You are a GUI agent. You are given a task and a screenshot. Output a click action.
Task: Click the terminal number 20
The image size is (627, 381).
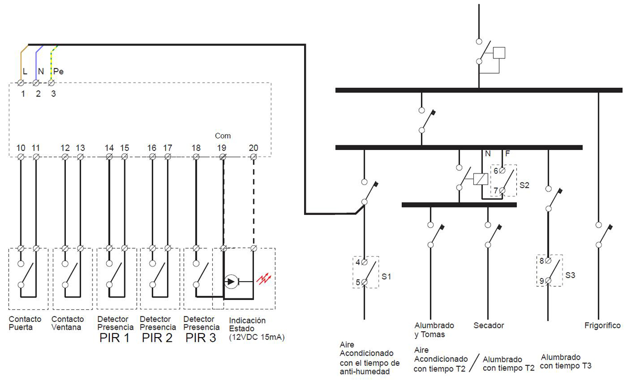coord(253,148)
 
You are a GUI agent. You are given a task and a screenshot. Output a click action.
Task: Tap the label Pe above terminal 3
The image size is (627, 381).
coord(59,71)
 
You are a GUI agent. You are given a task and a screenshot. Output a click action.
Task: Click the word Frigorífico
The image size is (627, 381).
coord(602,326)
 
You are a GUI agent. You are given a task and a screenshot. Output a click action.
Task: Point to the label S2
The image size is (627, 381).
coord(525,185)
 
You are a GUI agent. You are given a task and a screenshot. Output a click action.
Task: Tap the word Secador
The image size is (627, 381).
coord(489,326)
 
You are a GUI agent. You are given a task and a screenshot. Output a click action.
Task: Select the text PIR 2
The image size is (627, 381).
coord(157,338)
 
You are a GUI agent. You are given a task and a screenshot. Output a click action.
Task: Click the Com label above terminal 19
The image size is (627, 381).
coord(223,136)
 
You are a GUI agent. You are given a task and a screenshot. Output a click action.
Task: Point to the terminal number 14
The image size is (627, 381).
coord(109,148)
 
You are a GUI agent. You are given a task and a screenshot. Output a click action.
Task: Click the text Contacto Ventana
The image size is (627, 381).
coord(67,324)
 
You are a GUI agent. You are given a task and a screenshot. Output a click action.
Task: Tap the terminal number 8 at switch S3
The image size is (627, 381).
coord(541,260)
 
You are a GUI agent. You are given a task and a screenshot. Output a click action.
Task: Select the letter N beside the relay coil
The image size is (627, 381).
coord(487,154)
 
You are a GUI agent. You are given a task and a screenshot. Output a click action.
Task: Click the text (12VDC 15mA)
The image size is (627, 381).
coord(256,338)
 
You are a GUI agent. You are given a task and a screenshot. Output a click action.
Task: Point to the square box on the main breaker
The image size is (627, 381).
coord(500,52)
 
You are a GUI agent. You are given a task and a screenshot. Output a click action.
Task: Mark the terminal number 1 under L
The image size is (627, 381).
coord(22,94)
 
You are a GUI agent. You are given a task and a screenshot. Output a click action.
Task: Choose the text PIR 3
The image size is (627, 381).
coord(201,338)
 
